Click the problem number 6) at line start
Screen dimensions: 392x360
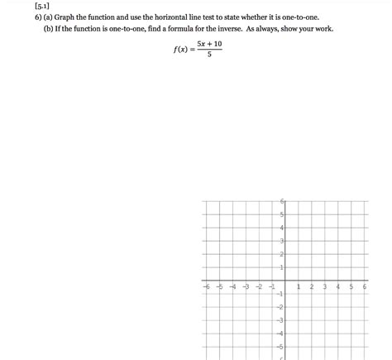point(27,17)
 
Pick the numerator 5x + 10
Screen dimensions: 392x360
point(209,44)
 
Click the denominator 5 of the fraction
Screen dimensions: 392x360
point(209,55)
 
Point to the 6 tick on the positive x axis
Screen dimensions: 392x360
point(365,286)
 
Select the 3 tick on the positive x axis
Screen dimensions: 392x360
point(325,286)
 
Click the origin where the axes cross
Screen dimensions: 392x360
point(285,281)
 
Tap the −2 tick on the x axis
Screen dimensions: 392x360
point(259,286)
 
